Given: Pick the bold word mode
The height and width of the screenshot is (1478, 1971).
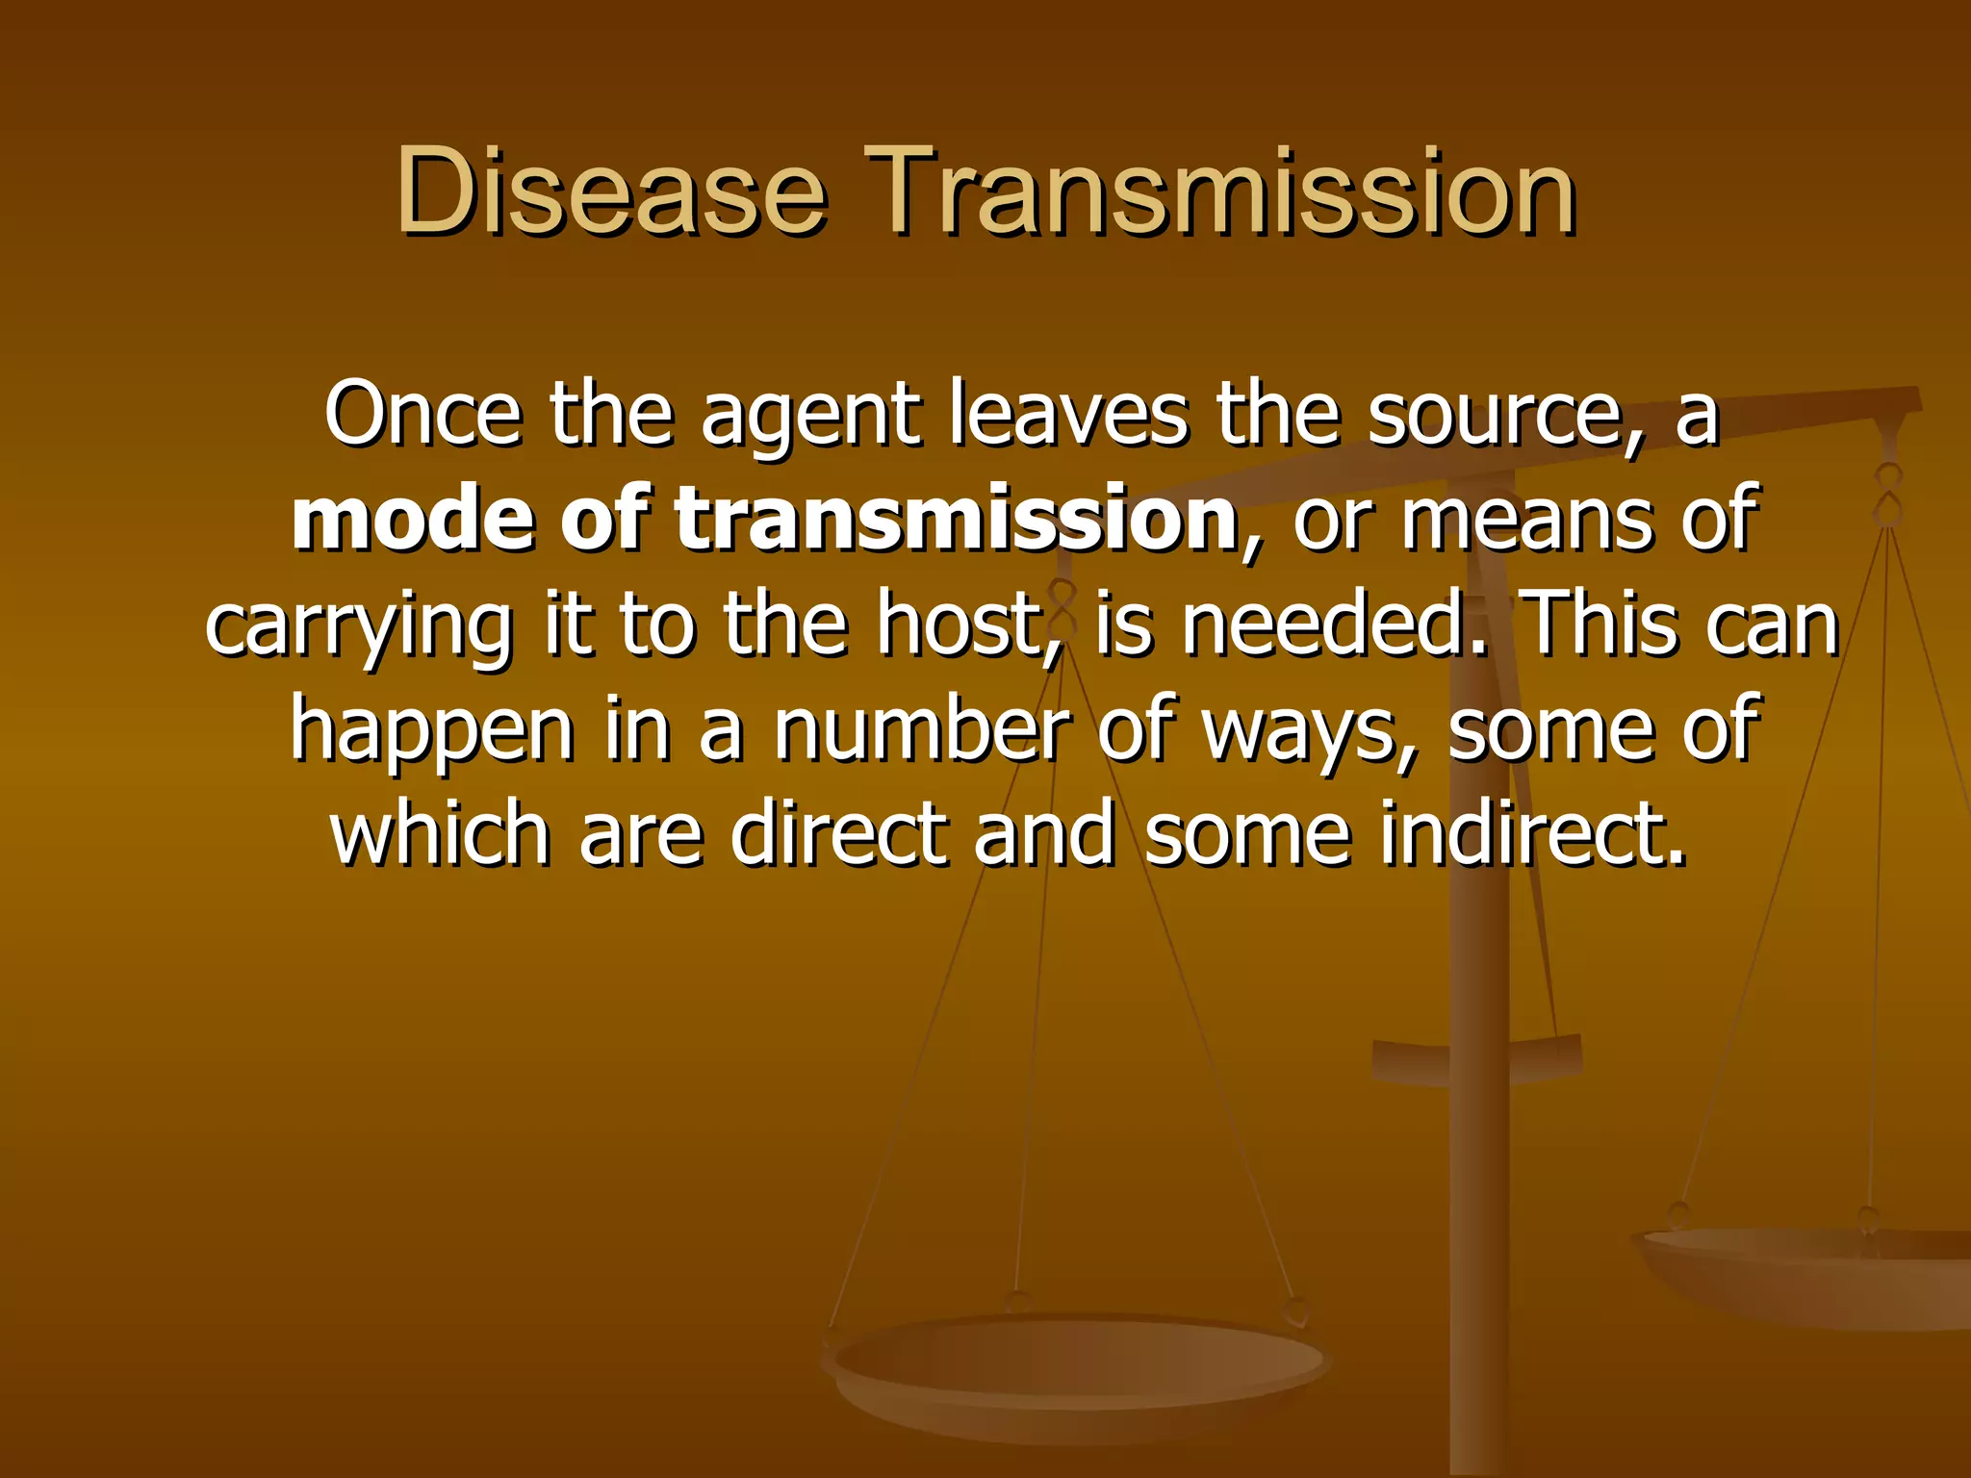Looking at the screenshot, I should (413, 520).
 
